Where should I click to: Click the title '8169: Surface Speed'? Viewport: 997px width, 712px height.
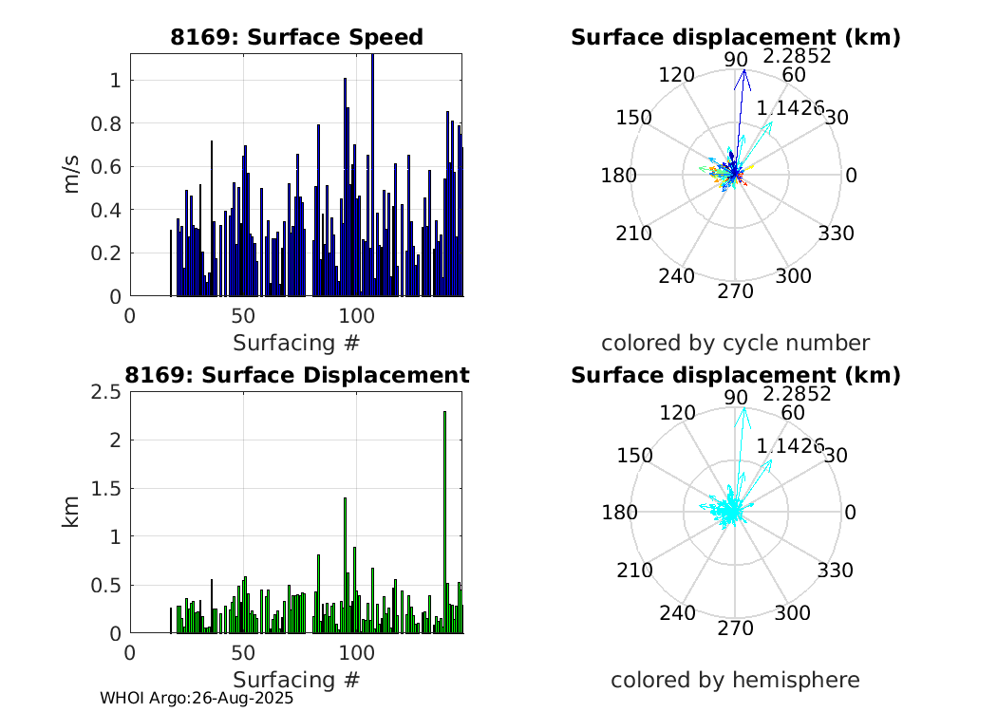pyautogui.click(x=296, y=37)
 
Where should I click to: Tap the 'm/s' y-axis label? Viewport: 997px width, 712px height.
pyautogui.click(x=72, y=175)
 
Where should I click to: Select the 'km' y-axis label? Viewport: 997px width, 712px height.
pyautogui.click(x=72, y=512)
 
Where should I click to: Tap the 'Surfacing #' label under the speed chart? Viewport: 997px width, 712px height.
pyautogui.click(x=296, y=343)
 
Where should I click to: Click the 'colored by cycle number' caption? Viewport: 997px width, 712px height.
pyautogui.click(x=735, y=343)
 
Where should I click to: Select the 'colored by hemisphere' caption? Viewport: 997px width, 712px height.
pyautogui.click(x=735, y=680)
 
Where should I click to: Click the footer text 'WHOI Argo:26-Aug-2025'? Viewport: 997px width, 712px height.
pyautogui.click(x=197, y=698)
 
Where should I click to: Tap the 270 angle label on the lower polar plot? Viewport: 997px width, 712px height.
pyautogui.click(x=735, y=628)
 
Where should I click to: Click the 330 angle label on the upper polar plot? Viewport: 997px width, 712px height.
pyautogui.click(x=836, y=234)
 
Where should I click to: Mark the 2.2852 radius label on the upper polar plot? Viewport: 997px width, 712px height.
pyautogui.click(x=797, y=56)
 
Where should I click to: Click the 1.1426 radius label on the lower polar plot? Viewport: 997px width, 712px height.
pyautogui.click(x=790, y=445)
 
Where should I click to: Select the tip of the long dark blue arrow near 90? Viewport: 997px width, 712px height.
pyautogui.click(x=744, y=71)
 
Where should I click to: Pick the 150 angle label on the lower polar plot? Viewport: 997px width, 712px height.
pyautogui.click(x=634, y=455)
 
